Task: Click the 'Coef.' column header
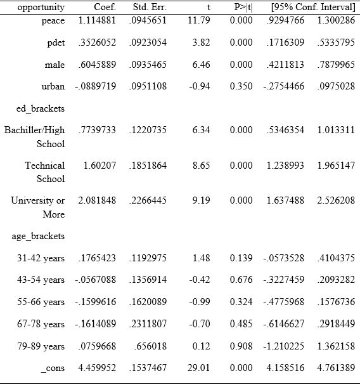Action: click(x=105, y=8)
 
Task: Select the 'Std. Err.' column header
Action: click(x=149, y=8)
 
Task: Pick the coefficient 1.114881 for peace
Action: click(x=97, y=22)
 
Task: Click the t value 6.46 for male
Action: click(x=200, y=65)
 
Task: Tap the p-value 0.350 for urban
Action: click(x=241, y=86)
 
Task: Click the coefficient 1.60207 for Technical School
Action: click(x=100, y=166)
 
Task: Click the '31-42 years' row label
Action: click(x=41, y=258)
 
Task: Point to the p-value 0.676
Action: click(x=241, y=280)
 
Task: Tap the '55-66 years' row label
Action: click(x=41, y=302)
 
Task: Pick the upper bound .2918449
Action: click(x=336, y=323)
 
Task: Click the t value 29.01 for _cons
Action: click(x=198, y=369)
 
